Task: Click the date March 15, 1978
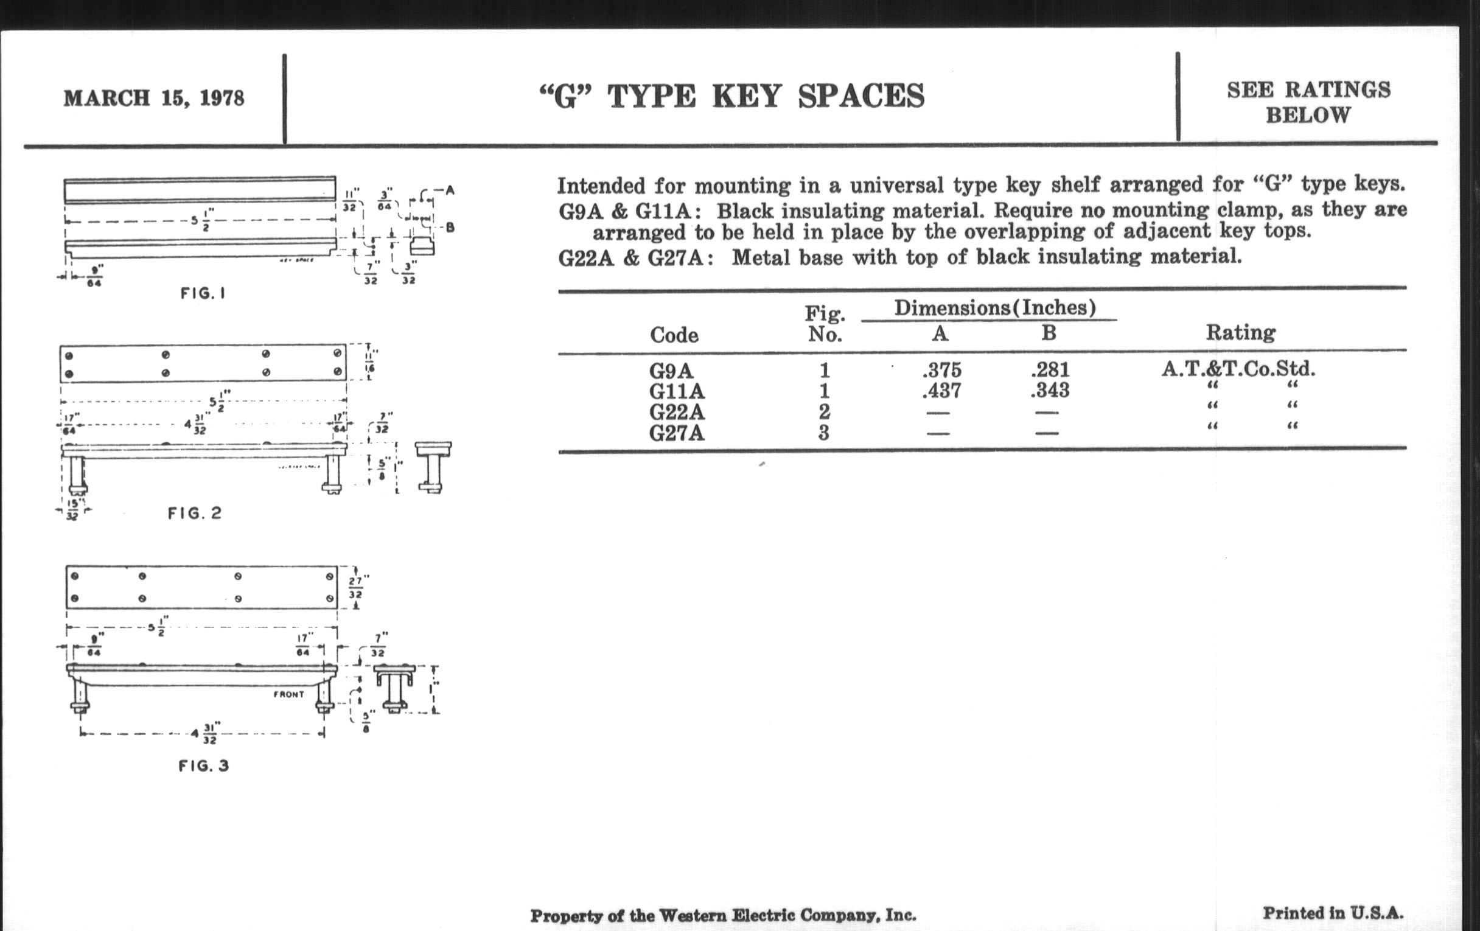click(x=153, y=99)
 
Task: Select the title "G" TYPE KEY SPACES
click(x=731, y=97)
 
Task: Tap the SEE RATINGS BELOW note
click(x=1308, y=102)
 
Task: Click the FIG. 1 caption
click(x=203, y=294)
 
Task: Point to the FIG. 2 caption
click(x=194, y=513)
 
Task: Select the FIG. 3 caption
click(x=203, y=765)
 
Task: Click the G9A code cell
click(x=672, y=371)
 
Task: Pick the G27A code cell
click(x=677, y=433)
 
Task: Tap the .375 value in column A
click(x=941, y=370)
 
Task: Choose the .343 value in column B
click(x=1050, y=390)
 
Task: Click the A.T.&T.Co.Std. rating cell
click(x=1238, y=369)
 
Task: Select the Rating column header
click(x=1240, y=332)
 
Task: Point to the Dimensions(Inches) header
click(x=995, y=307)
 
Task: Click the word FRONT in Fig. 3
click(x=289, y=694)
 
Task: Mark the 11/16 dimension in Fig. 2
click(x=370, y=361)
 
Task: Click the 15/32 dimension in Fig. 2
click(x=72, y=510)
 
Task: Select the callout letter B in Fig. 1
click(x=450, y=228)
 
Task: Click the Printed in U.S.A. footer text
click(x=1333, y=913)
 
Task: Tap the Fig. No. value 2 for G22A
click(x=824, y=411)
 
